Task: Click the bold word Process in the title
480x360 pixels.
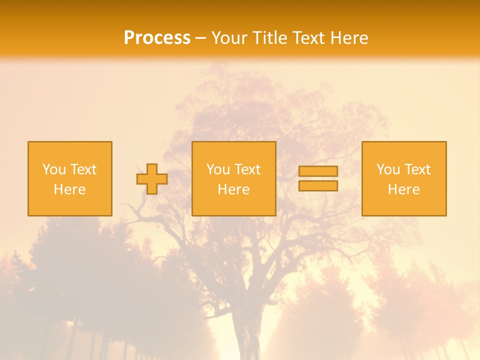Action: (x=157, y=38)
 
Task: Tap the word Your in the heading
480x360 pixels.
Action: (x=230, y=38)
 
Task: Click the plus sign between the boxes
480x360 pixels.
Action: (x=152, y=179)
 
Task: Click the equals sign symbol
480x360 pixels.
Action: (x=318, y=178)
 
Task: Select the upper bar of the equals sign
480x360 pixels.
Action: (x=318, y=171)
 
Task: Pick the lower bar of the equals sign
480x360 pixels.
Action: (x=318, y=185)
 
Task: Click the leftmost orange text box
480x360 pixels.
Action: (x=70, y=150)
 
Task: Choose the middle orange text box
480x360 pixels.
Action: (x=234, y=150)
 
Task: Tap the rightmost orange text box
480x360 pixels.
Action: (x=404, y=150)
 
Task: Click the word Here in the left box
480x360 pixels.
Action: (x=70, y=189)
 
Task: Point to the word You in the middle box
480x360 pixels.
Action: (x=218, y=169)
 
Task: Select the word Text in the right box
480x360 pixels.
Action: (x=417, y=169)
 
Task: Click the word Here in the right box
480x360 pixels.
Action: (x=404, y=189)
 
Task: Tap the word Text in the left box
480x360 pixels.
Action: (x=83, y=169)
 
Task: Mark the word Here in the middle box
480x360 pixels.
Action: (x=234, y=189)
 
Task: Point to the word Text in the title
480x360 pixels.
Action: (x=306, y=38)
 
